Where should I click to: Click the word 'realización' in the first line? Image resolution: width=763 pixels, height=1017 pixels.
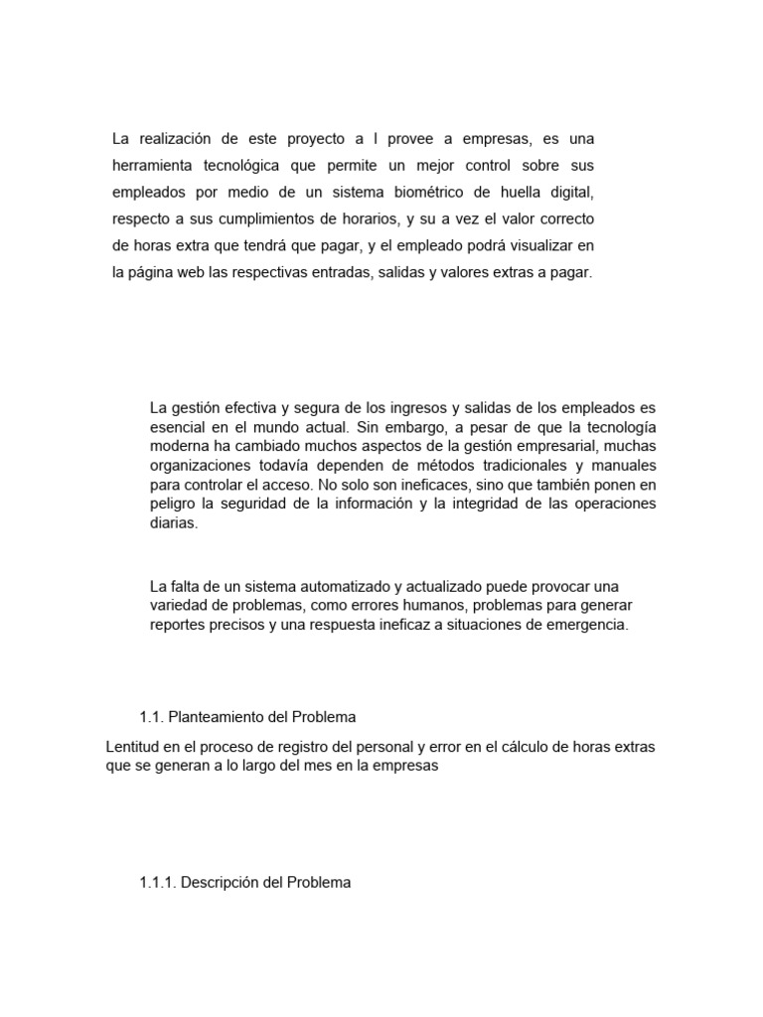point(176,138)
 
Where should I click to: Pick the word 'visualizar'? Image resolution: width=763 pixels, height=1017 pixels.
point(540,245)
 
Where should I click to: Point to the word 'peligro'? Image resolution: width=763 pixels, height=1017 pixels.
point(173,506)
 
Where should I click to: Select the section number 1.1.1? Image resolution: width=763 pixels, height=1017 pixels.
point(158,882)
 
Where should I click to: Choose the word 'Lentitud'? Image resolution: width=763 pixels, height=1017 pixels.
point(133,746)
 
